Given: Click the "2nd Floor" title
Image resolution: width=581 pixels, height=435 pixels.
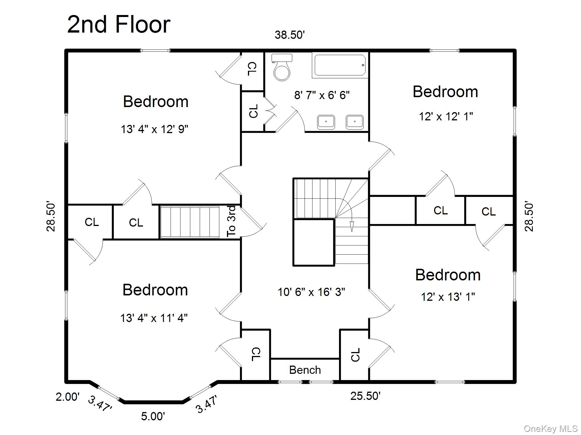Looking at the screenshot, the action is (119, 24).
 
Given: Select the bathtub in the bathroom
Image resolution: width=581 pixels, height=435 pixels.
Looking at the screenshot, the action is (339, 65).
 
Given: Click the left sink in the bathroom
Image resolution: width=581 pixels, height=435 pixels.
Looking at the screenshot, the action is (326, 122).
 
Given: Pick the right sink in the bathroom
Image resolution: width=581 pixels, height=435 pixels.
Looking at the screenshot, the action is (355, 122).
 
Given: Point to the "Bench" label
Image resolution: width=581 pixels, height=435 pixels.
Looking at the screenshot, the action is (305, 370).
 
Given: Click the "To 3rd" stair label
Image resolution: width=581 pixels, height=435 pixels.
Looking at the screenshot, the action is (231, 221).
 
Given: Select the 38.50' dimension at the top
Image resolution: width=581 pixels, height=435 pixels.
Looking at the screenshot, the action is (290, 35).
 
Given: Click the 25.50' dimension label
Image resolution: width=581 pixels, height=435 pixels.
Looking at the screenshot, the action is (365, 396).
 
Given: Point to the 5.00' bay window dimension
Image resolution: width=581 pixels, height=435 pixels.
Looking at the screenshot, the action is (153, 416).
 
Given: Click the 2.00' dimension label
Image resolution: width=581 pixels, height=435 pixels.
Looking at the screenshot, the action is (68, 397).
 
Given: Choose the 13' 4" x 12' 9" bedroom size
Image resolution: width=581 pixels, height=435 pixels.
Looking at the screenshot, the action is (155, 129).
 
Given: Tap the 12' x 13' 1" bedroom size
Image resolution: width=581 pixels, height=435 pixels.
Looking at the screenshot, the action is (448, 297).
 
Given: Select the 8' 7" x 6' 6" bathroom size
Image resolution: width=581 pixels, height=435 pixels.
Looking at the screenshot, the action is (322, 95).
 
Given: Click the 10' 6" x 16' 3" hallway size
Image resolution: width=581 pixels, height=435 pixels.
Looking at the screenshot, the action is (311, 292).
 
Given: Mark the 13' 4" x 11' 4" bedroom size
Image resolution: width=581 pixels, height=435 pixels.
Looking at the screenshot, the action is (154, 318).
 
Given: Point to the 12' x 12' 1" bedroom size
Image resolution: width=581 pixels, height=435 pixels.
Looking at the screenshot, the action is (446, 116).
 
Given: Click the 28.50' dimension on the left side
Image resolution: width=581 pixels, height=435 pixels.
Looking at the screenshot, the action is (51, 217).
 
